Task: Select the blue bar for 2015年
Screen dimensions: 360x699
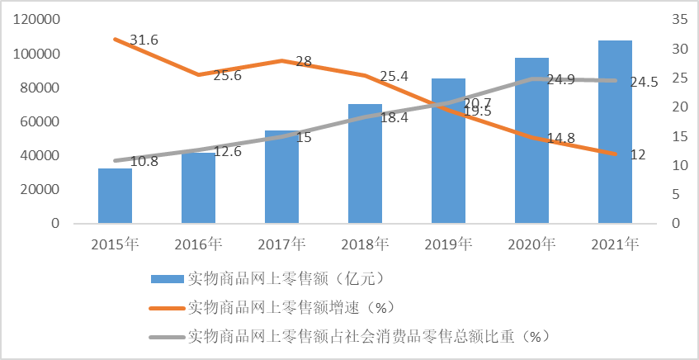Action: click(115, 196)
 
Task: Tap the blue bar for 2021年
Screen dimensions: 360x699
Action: click(615, 132)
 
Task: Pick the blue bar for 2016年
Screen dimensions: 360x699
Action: click(198, 187)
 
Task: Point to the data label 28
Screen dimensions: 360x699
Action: click(303, 62)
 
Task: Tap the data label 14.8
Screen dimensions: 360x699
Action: click(560, 139)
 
